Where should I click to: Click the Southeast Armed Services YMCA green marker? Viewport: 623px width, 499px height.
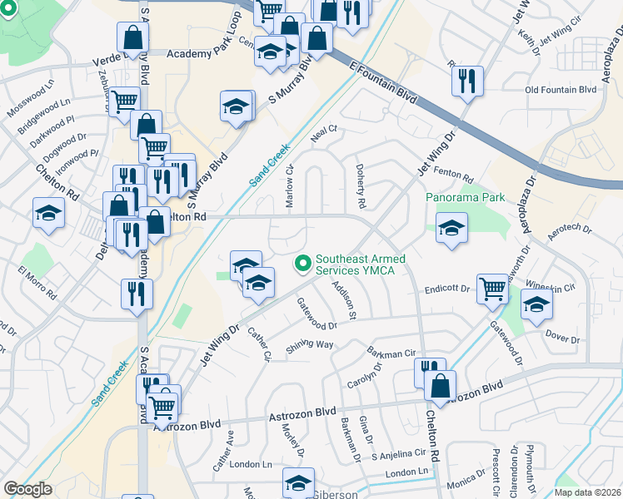point(302,264)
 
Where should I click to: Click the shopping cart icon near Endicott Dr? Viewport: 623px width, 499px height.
point(492,289)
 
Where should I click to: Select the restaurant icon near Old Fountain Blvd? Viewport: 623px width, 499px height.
point(466,82)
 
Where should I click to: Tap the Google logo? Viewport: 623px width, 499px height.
point(28,489)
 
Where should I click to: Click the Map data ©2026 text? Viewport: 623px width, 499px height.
point(587,492)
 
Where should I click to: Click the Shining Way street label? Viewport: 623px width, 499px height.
point(310,345)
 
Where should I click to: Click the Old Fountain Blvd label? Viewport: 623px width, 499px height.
point(561,89)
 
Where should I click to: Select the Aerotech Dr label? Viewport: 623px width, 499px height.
point(569,227)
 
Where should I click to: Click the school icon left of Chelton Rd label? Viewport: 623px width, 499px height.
point(48,213)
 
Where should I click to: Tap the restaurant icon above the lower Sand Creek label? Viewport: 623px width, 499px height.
point(136,294)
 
